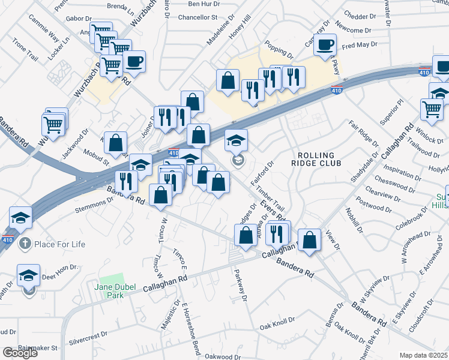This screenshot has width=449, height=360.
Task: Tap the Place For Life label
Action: (x=59, y=244)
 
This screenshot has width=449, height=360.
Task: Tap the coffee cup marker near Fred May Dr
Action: (x=325, y=45)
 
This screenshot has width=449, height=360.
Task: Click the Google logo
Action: (x=20, y=353)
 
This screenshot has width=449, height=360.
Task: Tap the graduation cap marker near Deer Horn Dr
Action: (x=28, y=275)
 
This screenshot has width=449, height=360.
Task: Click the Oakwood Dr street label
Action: (x=222, y=356)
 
